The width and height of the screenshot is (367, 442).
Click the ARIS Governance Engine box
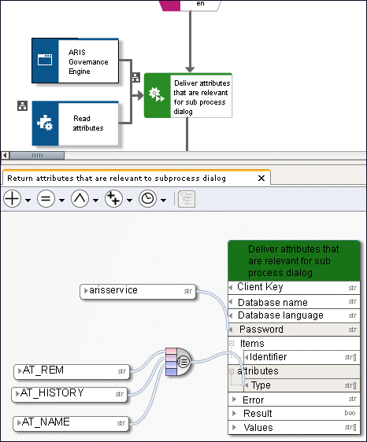tap(75, 61)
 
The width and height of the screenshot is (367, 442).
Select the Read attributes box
tap(75, 123)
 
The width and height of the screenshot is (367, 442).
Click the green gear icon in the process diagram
tap(157, 94)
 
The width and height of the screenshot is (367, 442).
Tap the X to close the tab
tap(261, 179)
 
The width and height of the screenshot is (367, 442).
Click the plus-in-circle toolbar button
tap(12, 199)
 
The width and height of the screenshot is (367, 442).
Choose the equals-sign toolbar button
tap(46, 199)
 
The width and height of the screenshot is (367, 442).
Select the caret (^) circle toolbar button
tap(80, 199)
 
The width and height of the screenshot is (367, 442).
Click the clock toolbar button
tap(147, 199)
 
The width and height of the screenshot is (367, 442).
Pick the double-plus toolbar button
tap(113, 199)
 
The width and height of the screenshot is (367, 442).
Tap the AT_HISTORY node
tap(69, 394)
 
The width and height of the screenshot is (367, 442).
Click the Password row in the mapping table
tap(295, 330)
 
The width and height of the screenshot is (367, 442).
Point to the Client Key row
tap(295, 288)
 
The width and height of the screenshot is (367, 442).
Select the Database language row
tap(295, 315)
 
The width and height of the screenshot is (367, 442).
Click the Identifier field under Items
tap(302, 357)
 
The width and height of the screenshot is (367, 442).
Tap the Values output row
tap(295, 427)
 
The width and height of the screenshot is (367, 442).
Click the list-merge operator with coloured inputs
tap(178, 362)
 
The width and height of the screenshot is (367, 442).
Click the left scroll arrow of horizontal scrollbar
tap(5, 155)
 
